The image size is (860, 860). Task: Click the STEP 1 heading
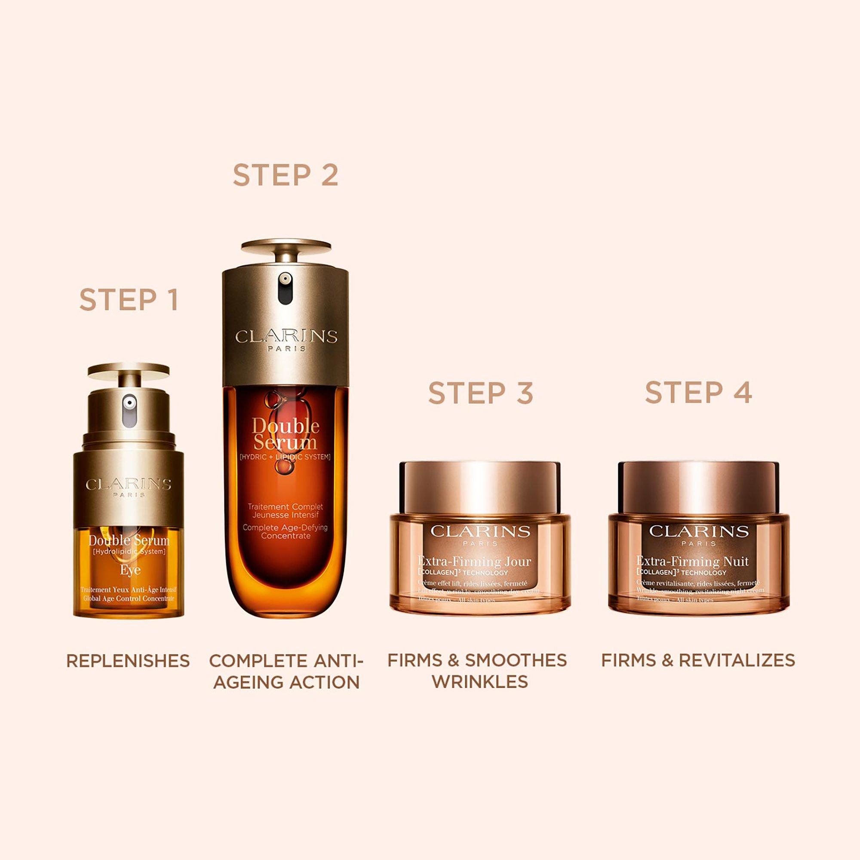(129, 300)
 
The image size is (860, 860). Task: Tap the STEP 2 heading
(286, 175)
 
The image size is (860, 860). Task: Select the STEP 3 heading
(481, 393)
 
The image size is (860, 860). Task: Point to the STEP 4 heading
(698, 392)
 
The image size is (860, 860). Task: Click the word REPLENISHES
(128, 660)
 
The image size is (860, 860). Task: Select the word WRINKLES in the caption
(480, 682)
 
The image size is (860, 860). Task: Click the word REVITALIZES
(737, 660)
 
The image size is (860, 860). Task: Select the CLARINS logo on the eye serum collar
(129, 484)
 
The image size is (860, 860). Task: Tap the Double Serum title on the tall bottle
(286, 434)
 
